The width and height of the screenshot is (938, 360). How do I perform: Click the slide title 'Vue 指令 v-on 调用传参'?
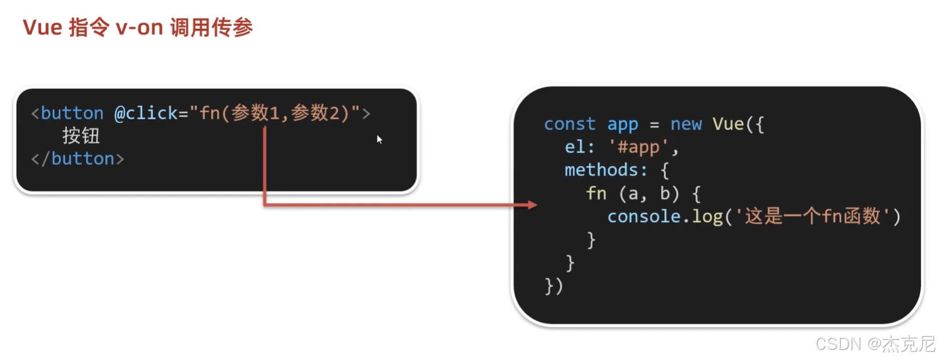(138, 28)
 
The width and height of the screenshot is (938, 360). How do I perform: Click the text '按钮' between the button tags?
(81, 136)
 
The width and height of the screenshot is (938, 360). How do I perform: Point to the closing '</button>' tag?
(78, 159)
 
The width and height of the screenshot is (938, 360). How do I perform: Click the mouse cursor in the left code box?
(379, 139)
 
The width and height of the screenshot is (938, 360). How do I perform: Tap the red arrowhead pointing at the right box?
(532, 205)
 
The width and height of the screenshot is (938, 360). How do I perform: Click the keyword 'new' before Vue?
(686, 124)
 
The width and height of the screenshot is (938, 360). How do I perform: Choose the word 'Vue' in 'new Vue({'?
(728, 124)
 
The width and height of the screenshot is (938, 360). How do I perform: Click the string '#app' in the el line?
(644, 148)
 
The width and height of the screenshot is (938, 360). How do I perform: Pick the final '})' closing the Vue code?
(554, 286)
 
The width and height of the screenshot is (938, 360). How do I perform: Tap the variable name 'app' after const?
(622, 124)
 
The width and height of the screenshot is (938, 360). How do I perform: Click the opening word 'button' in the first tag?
(72, 113)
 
